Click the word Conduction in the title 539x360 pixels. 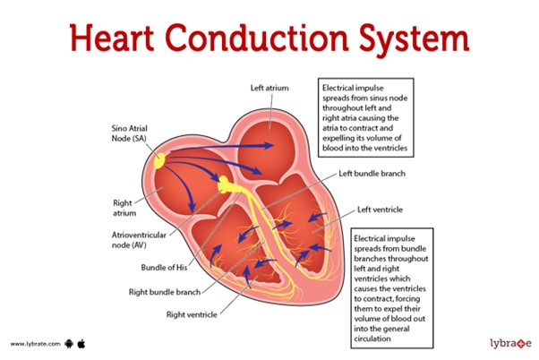257,39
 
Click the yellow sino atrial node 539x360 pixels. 159,160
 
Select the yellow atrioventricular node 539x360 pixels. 225,184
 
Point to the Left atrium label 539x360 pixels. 269,88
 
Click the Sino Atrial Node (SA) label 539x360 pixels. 129,133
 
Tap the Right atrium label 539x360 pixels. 124,208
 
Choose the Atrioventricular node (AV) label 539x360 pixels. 139,240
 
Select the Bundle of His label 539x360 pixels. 164,268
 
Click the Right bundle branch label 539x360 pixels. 165,292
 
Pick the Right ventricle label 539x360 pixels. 192,314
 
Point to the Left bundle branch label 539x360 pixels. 372,174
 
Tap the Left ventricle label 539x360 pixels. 380,210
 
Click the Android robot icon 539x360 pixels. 69,344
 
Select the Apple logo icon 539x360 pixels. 81,344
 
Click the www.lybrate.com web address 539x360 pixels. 35,344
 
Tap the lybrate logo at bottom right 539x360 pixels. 511,343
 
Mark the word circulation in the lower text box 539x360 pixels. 372,339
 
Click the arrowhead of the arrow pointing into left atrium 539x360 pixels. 269,145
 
